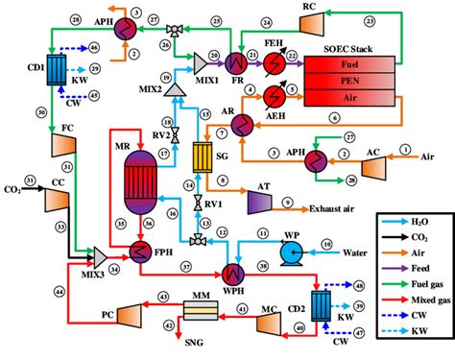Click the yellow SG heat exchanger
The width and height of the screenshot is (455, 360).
(x=203, y=156)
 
